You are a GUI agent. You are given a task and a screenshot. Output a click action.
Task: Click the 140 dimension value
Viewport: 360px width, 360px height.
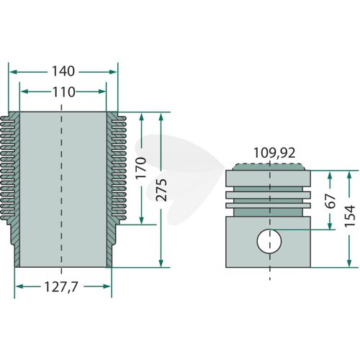point(63,71)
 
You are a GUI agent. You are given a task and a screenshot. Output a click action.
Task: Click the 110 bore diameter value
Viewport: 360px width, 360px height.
point(63,92)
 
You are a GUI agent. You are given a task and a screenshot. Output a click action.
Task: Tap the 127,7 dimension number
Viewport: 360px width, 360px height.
point(61,287)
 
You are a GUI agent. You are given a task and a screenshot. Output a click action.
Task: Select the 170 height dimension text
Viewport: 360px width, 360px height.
point(141,168)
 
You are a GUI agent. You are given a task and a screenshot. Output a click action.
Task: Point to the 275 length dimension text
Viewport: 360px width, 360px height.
point(161,189)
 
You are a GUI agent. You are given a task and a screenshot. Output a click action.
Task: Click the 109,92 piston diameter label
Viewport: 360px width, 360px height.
point(274,153)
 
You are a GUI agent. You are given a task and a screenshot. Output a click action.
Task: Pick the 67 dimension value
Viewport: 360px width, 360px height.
point(330,201)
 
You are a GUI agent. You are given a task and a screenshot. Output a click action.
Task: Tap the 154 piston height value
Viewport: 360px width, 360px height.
point(350,215)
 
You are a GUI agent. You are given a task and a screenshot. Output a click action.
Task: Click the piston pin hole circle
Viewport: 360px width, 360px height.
point(269,241)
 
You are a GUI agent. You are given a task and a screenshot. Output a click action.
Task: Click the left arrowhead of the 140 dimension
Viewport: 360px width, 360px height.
point(13,72)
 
